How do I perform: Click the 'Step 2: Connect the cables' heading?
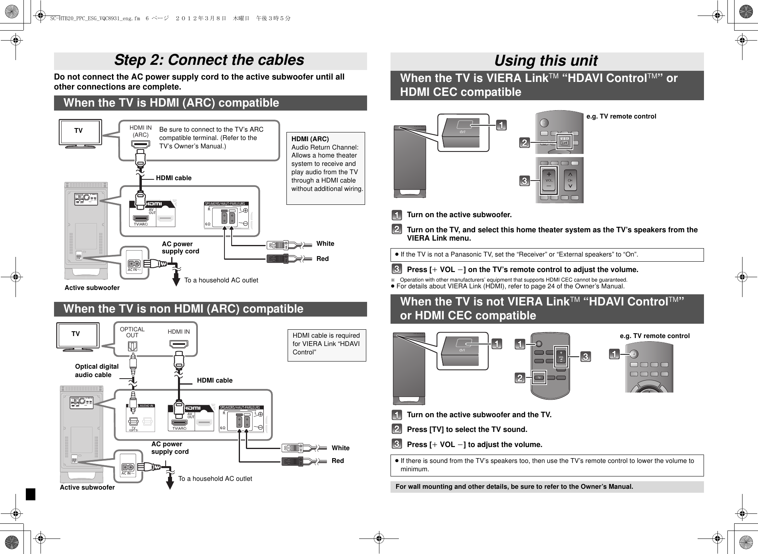pyautogui.click(x=209, y=60)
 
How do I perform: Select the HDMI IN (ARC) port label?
pyautogui.click(x=141, y=131)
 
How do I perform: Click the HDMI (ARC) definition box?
pyautogui.click(x=325, y=168)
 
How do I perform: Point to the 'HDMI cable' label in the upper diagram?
pyautogui.click(x=174, y=178)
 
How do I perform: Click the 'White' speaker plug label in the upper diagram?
pyautogui.click(x=325, y=243)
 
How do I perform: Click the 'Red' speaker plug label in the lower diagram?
pyautogui.click(x=338, y=461)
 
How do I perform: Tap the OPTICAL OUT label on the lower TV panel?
pyautogui.click(x=132, y=332)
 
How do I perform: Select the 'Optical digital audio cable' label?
pyautogui.click(x=97, y=370)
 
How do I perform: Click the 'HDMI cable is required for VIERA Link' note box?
pyautogui.click(x=326, y=344)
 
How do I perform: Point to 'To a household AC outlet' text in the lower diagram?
pyautogui.click(x=215, y=478)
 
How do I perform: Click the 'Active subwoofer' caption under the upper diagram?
pyautogui.click(x=92, y=288)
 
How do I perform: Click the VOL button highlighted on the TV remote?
pyautogui.click(x=549, y=180)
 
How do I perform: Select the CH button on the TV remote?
pyautogui.click(x=570, y=180)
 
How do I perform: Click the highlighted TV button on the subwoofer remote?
pyautogui.click(x=539, y=377)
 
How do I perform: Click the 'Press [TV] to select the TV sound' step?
pyautogui.click(x=467, y=430)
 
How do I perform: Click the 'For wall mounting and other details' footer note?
pyautogui.click(x=514, y=486)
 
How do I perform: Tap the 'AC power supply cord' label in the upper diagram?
pyautogui.click(x=180, y=247)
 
